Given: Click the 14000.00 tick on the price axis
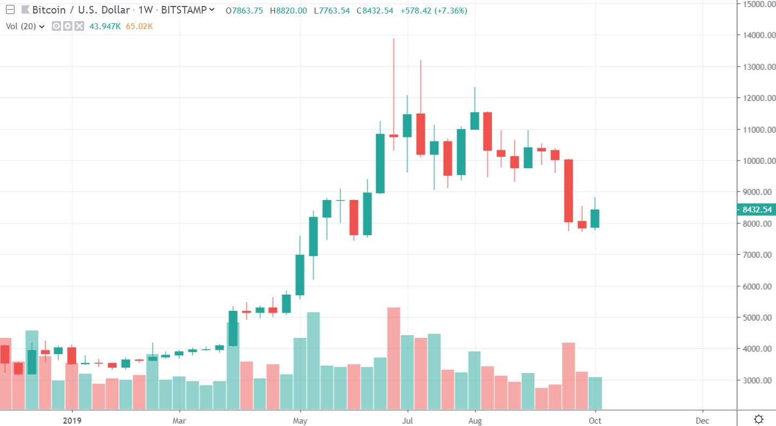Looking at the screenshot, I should click(x=755, y=36).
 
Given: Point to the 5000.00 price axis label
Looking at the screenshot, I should click(x=755, y=318).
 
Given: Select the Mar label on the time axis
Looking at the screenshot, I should click(x=179, y=420).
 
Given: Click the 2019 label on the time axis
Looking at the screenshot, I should click(x=72, y=420).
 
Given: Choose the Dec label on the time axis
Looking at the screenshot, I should click(x=702, y=420).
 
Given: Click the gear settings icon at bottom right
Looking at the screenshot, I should click(x=758, y=419).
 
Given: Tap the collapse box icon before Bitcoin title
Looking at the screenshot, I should click(x=10, y=10).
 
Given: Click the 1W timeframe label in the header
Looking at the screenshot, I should click(x=146, y=10).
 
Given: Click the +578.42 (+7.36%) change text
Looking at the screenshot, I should click(x=434, y=10).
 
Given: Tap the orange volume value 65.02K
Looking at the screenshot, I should click(x=139, y=26).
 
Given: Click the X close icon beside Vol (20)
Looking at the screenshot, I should click(x=79, y=26).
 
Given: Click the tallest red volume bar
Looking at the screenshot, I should click(x=394, y=357).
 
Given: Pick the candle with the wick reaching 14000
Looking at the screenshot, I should click(x=394, y=135).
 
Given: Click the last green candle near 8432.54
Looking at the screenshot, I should click(x=595, y=218).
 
